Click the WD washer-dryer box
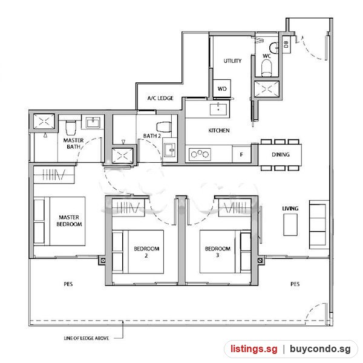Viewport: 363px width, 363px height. coord(222,88)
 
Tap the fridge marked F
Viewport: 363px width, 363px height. coord(241,154)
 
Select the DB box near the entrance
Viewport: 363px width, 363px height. coord(286,44)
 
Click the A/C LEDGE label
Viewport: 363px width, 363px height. coord(160,98)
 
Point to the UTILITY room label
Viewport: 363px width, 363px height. coord(232,61)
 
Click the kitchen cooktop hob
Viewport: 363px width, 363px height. coord(200,154)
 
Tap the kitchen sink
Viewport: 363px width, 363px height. coord(218,110)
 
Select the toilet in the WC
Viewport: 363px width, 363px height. coord(266,68)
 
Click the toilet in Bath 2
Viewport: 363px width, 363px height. coord(164,127)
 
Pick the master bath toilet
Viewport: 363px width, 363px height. coord(71,128)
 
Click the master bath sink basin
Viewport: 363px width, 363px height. coord(93,122)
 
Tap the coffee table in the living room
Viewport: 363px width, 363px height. coord(290,224)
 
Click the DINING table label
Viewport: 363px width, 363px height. coord(281,154)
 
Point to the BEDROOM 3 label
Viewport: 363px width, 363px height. coord(218,252)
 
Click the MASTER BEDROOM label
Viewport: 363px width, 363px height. coord(69,221)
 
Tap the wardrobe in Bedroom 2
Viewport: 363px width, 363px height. coord(128,208)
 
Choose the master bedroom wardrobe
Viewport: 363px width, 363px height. coord(54,175)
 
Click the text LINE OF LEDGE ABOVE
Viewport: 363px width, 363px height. coord(87,338)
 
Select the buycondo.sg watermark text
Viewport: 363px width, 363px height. coord(320,348)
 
